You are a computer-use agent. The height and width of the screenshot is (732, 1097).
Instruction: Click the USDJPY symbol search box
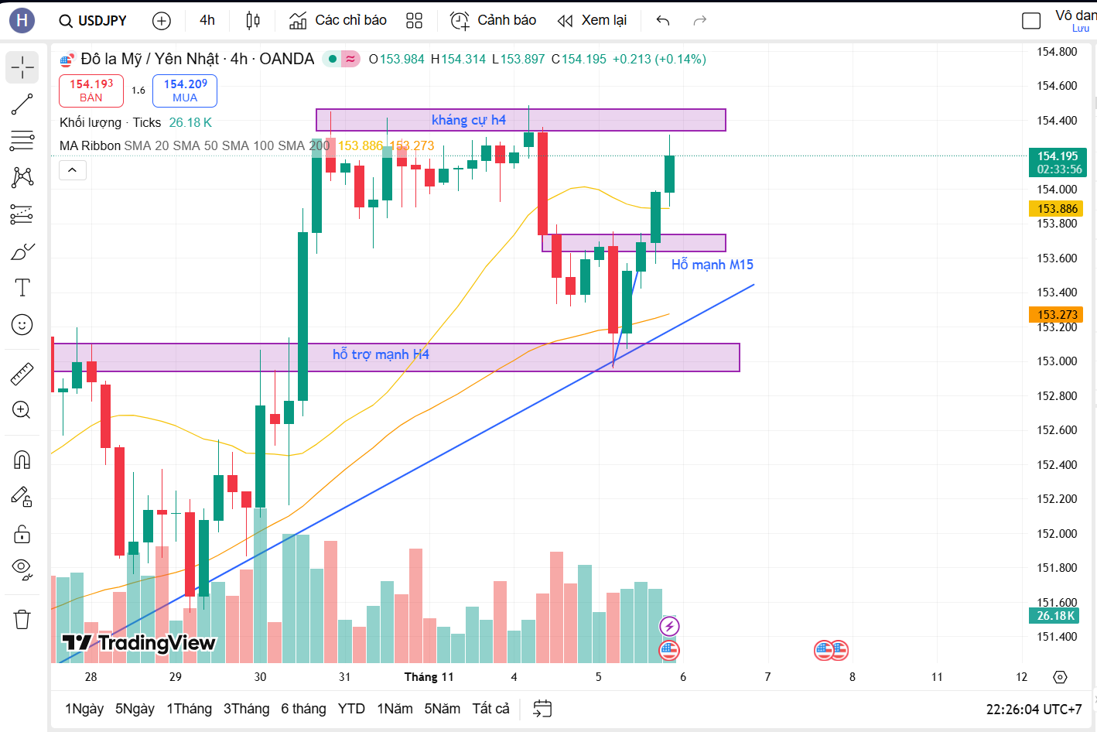[x=94, y=21]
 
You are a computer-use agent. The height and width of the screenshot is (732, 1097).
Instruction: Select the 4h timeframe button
[x=207, y=20]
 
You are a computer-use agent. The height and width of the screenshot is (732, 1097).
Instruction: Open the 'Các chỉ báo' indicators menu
[x=338, y=20]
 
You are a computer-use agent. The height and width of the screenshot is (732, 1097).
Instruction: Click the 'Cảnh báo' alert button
[x=494, y=20]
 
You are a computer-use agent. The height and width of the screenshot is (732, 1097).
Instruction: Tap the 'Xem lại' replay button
[x=593, y=20]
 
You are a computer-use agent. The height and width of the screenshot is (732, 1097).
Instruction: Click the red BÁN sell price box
[x=91, y=91]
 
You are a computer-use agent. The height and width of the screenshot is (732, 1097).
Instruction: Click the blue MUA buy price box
[x=185, y=91]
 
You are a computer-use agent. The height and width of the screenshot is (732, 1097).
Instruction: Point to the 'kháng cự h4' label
[x=469, y=120]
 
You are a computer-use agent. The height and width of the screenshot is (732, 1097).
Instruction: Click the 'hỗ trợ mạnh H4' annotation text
[x=381, y=354]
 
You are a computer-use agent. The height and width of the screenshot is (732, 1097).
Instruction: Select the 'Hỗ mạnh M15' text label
[x=713, y=265]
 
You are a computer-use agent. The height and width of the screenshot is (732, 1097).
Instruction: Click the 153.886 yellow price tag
[x=1058, y=209]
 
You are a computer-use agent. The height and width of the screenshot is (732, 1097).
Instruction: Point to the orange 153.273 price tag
[x=1058, y=315]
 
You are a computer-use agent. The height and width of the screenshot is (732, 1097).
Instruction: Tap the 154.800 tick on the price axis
[x=1057, y=52]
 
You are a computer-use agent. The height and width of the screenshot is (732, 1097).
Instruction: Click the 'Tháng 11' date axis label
[x=429, y=677]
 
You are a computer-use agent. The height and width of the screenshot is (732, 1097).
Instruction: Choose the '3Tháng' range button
[x=246, y=709]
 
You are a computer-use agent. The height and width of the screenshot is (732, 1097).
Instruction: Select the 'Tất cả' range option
[x=490, y=709]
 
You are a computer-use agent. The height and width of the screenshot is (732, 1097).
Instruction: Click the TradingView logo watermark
[x=139, y=643]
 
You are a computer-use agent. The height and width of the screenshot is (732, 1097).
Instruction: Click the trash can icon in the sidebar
[x=22, y=619]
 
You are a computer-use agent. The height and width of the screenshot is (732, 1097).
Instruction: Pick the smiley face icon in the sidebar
[x=22, y=325]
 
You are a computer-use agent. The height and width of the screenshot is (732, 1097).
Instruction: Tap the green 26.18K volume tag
[x=1056, y=616]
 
